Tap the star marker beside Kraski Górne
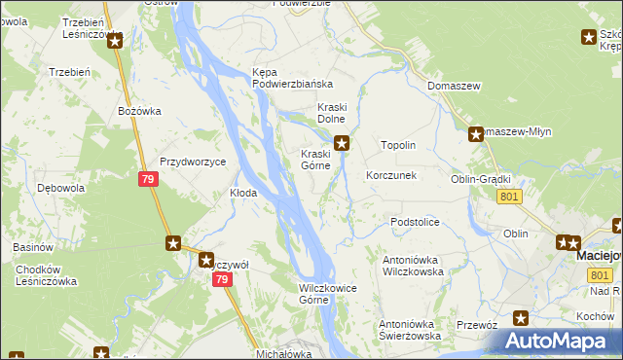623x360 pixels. (343, 143)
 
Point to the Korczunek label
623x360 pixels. (391, 176)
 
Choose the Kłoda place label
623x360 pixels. (242, 194)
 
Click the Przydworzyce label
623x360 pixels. (193, 162)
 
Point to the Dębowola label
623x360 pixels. (57, 188)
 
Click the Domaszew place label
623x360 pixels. (455, 87)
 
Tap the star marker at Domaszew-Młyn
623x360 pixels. (476, 135)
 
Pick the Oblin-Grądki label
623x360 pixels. (481, 180)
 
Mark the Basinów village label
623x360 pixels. (34, 247)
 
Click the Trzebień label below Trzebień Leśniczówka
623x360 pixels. (69, 72)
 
